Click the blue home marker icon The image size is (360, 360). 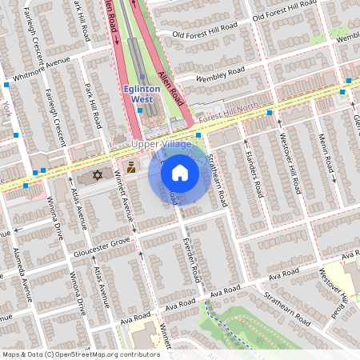[180, 173]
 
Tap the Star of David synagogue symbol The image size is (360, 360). [98, 174]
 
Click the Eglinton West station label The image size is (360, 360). [142, 92]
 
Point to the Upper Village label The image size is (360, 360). [162, 144]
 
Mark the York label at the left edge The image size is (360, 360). [6, 106]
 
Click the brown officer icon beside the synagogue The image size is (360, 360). [130, 169]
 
